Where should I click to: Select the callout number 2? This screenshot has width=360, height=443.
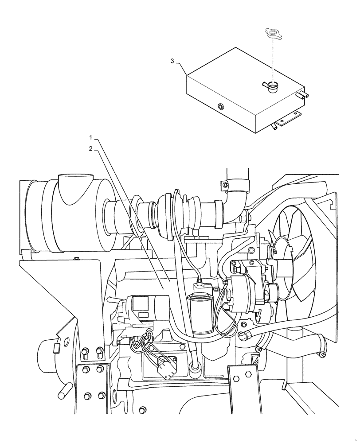(x=90, y=149)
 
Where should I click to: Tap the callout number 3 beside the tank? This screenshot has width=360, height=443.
(x=172, y=61)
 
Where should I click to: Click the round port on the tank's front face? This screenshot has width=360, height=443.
(x=220, y=106)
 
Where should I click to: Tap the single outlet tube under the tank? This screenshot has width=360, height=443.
(x=274, y=127)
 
